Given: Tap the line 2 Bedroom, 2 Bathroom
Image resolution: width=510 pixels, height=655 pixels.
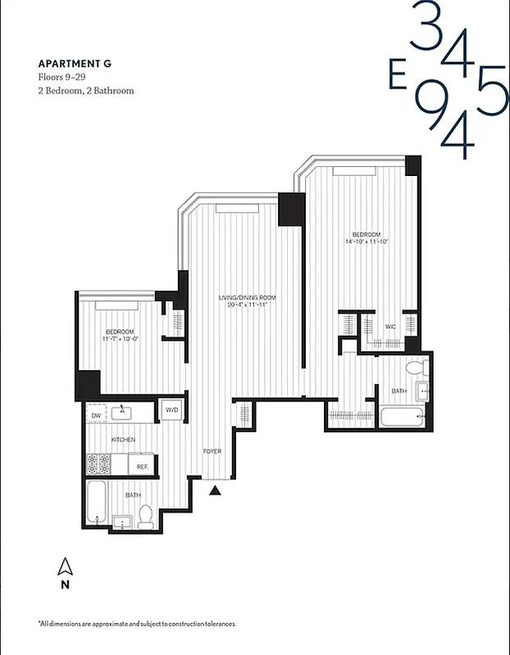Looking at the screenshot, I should [x=85, y=90].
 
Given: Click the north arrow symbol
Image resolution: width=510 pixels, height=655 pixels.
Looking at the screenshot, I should [x=64, y=566].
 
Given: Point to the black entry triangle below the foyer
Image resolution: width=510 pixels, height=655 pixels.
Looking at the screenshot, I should [x=216, y=490].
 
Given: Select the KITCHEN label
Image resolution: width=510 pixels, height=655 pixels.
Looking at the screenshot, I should [x=124, y=440].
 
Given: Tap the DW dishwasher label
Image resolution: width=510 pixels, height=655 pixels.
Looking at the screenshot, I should [x=97, y=415].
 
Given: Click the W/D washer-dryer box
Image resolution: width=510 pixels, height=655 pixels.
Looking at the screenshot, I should [x=172, y=409].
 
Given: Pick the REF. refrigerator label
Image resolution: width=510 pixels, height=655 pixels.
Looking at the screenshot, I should [x=142, y=467].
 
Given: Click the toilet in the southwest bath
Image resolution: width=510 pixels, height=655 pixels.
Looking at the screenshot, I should [x=145, y=515].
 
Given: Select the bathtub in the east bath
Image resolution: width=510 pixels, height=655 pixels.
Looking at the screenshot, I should [x=401, y=417].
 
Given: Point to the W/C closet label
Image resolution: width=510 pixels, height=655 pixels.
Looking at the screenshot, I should [x=390, y=327].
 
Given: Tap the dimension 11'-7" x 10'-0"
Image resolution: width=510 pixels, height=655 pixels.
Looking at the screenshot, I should [x=120, y=338].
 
